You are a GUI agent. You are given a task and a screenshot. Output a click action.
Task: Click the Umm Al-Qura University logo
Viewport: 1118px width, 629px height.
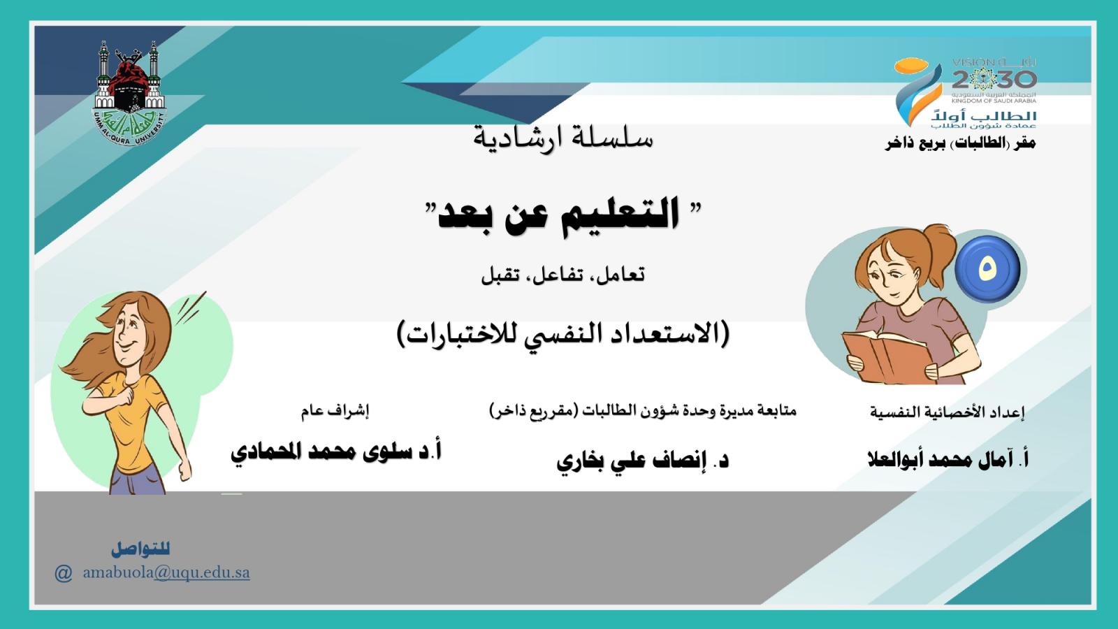[129, 94]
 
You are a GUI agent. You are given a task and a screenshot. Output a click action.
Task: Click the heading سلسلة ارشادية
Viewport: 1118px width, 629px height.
[563, 137]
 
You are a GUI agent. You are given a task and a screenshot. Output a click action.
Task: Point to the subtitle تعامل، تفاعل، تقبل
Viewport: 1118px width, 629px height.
[562, 275]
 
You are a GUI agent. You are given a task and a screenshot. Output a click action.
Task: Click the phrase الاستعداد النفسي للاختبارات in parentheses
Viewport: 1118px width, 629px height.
[563, 334]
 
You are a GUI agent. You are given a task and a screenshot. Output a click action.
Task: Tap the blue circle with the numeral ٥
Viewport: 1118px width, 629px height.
[987, 269]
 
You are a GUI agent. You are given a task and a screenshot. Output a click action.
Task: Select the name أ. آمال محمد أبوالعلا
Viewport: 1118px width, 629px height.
[948, 459]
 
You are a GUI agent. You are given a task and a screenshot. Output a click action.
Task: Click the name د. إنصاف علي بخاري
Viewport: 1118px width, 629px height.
[642, 460]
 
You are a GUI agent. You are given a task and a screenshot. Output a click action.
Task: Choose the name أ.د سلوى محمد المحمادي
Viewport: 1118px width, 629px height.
[336, 451]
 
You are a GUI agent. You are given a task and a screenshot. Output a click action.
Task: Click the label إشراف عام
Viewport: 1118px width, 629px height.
[335, 411]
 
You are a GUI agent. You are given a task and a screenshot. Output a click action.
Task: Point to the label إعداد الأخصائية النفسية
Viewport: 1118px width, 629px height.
[948, 412]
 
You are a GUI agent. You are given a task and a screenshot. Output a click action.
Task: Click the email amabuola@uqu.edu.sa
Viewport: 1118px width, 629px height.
[166, 572]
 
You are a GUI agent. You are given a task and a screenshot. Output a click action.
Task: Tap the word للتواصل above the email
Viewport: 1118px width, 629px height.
[140, 549]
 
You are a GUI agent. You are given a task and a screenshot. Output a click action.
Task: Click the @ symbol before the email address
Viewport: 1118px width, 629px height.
[64, 573]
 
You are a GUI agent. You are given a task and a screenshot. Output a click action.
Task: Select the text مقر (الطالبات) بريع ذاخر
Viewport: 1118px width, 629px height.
[960, 143]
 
